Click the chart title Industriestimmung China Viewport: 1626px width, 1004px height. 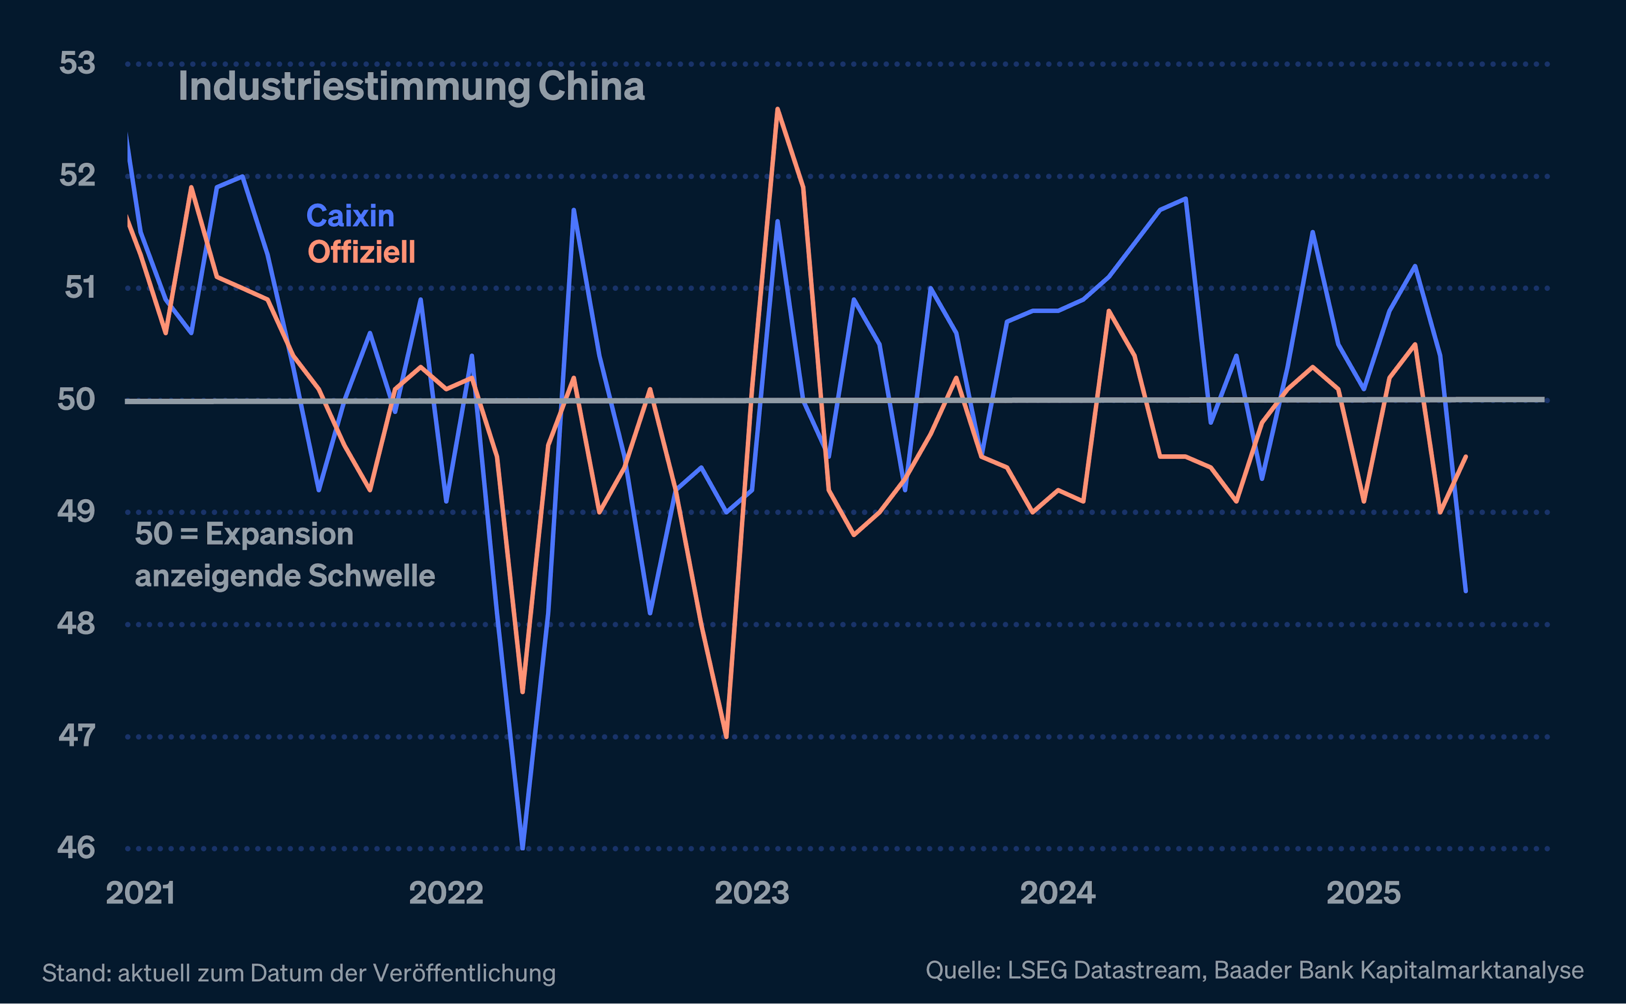coord(411,87)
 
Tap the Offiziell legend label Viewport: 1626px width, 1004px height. coord(361,252)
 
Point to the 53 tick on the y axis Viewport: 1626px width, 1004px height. coord(77,64)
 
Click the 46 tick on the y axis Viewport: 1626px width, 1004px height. coord(76,848)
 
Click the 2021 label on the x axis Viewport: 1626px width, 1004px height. coord(140,893)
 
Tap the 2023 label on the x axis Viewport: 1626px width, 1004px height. coord(751,893)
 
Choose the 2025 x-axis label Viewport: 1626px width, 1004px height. coord(1363,893)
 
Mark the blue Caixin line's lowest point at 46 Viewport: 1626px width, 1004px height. coord(523,847)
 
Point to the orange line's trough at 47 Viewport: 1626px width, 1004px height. coord(726,736)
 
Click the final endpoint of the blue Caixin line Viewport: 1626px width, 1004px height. coord(1466,590)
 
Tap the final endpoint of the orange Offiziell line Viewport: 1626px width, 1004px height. coord(1466,457)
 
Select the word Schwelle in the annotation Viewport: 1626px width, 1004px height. coord(372,576)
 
